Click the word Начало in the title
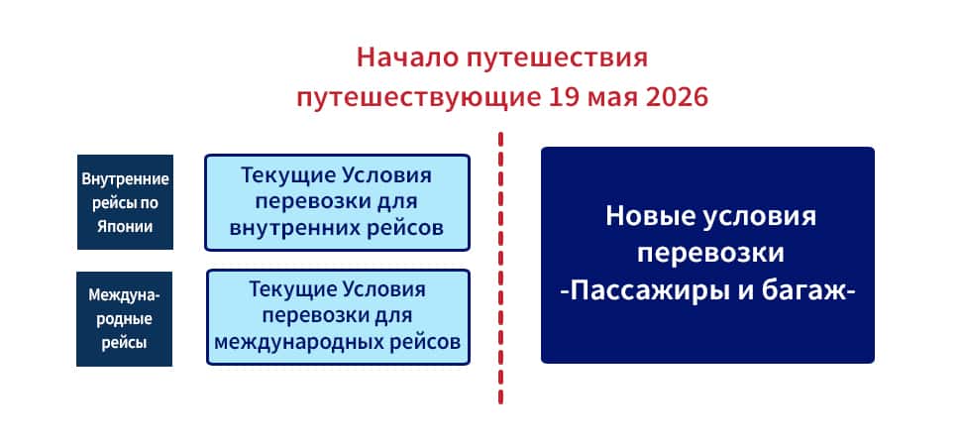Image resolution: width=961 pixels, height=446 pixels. click(x=407, y=58)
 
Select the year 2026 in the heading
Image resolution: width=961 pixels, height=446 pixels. click(x=677, y=97)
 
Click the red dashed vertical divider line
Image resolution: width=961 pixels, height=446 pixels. click(x=500, y=268)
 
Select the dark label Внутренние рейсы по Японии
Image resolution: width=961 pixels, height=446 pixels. click(x=125, y=202)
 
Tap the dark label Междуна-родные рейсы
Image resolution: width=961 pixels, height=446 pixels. click(x=125, y=319)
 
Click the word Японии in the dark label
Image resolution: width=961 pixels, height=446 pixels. click(x=125, y=226)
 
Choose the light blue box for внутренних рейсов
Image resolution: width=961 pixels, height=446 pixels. click(x=337, y=202)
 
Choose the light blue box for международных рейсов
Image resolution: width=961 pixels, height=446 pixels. click(x=338, y=317)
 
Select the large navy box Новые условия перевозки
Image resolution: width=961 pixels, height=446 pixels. click(x=707, y=255)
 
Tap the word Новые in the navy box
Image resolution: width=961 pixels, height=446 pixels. click(x=645, y=217)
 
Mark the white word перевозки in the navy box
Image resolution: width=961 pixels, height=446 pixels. click(x=710, y=254)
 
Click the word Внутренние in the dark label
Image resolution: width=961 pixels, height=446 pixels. click(x=125, y=179)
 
